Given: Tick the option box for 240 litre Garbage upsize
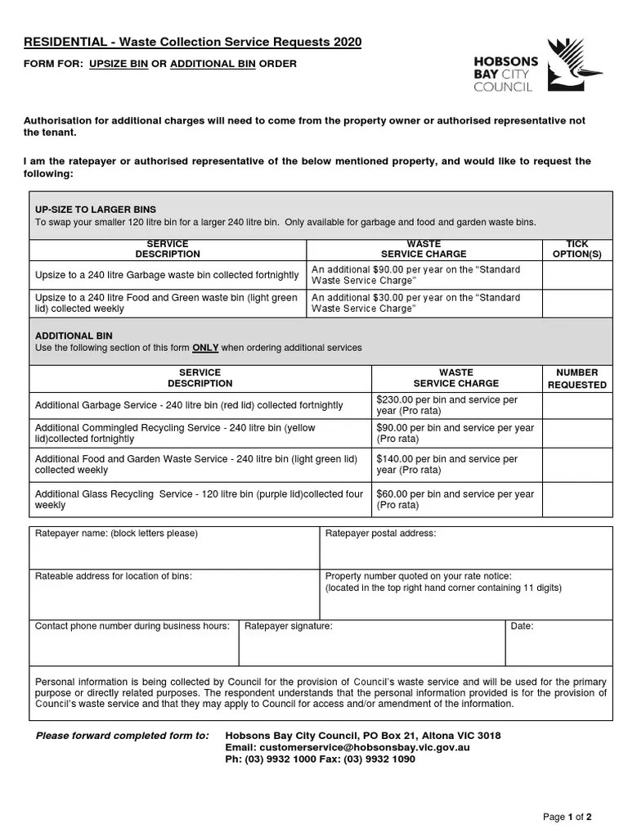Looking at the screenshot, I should pos(577,275).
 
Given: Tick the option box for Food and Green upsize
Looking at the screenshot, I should pos(577,304).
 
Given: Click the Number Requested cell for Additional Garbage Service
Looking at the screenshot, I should pos(577,406).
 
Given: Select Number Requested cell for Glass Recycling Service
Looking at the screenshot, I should pos(577,499).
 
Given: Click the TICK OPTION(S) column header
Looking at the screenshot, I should pos(577,250).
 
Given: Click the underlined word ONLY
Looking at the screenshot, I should pos(205,348).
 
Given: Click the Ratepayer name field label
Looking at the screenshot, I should pos(115,534).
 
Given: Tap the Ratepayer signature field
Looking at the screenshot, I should pos(371,647).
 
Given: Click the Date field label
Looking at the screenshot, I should pos(522,626).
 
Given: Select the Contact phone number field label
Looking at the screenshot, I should pos(132,626).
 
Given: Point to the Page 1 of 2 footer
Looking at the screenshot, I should pos(567,817).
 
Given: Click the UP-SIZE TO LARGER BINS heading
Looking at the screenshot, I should pos(95,209).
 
